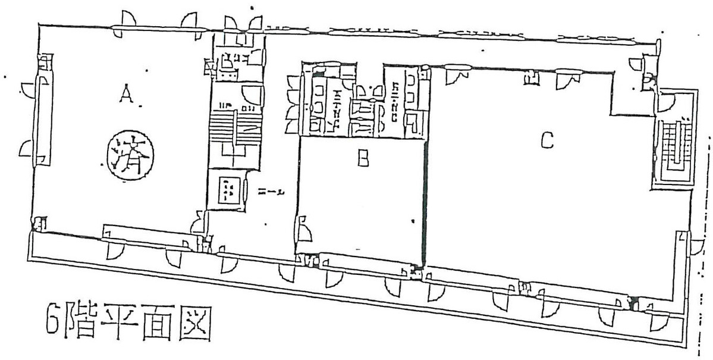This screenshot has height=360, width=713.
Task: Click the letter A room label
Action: point(125,93)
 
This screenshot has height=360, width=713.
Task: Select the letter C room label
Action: point(547,140)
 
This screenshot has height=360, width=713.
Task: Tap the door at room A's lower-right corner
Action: point(198,224)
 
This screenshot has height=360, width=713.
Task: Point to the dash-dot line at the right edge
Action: point(707,238)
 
